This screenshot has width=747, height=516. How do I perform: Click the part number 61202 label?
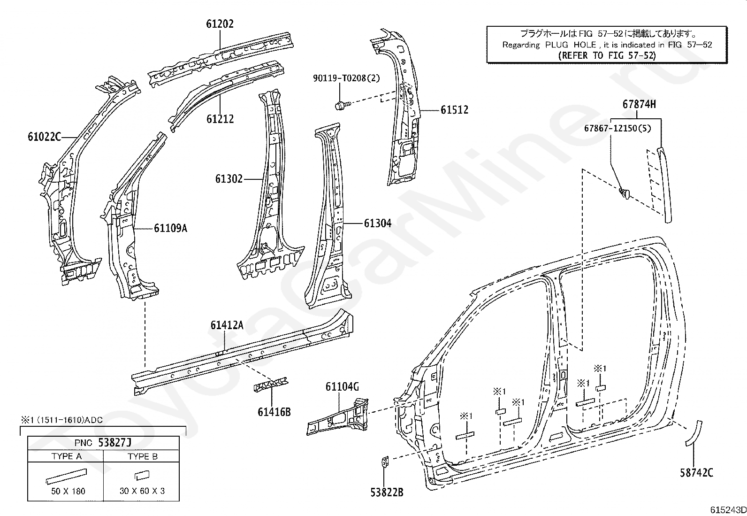pyautogui.click(x=220, y=24)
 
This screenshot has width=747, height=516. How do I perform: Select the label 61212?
pyautogui.click(x=220, y=119)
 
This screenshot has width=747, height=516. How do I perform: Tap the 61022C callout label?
pyautogui.click(x=44, y=137)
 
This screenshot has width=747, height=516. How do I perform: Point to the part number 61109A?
pyautogui.click(x=171, y=228)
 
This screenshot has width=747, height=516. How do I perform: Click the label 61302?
pyautogui.click(x=229, y=179)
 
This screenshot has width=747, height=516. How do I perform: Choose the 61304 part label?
pyautogui.click(x=378, y=223)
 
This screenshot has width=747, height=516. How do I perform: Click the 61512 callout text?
pyautogui.click(x=454, y=110)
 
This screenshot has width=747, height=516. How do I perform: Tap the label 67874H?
pyautogui.click(x=639, y=105)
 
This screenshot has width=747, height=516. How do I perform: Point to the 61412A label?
pyautogui.click(x=227, y=325)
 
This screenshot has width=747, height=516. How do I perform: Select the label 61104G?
pyautogui.click(x=342, y=387)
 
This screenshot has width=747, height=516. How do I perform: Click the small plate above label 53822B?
pyautogui.click(x=384, y=462)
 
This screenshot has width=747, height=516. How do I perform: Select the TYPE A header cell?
pyautogui.click(x=66, y=456)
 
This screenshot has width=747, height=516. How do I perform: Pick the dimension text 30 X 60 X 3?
pyautogui.click(x=142, y=491)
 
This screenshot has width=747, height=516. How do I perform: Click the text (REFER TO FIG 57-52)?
pyautogui.click(x=607, y=55)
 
